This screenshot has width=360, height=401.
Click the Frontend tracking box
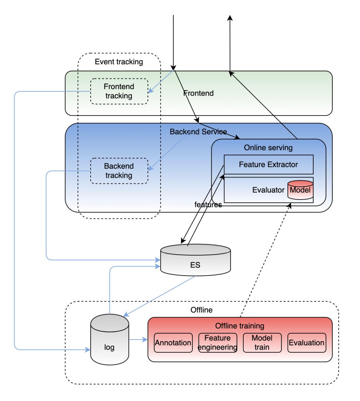(119, 91)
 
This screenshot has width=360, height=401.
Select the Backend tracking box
(119, 170)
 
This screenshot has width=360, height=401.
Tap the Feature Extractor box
(268, 164)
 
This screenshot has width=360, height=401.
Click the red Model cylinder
(300, 190)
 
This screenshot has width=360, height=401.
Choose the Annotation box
(173, 343)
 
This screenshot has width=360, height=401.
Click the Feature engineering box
(217, 343)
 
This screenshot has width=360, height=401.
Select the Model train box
(262, 343)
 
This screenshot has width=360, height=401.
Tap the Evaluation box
(306, 343)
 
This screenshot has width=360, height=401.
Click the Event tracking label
(119, 62)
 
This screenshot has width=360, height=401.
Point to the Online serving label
(268, 147)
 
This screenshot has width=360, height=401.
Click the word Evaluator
(268, 190)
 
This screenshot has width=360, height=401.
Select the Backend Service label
(198, 132)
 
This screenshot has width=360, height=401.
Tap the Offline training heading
(240, 326)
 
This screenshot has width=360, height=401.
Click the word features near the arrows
(208, 205)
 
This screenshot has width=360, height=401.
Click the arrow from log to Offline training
(138, 340)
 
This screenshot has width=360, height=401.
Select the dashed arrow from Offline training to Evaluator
(265, 260)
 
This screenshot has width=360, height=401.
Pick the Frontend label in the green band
(199, 93)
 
